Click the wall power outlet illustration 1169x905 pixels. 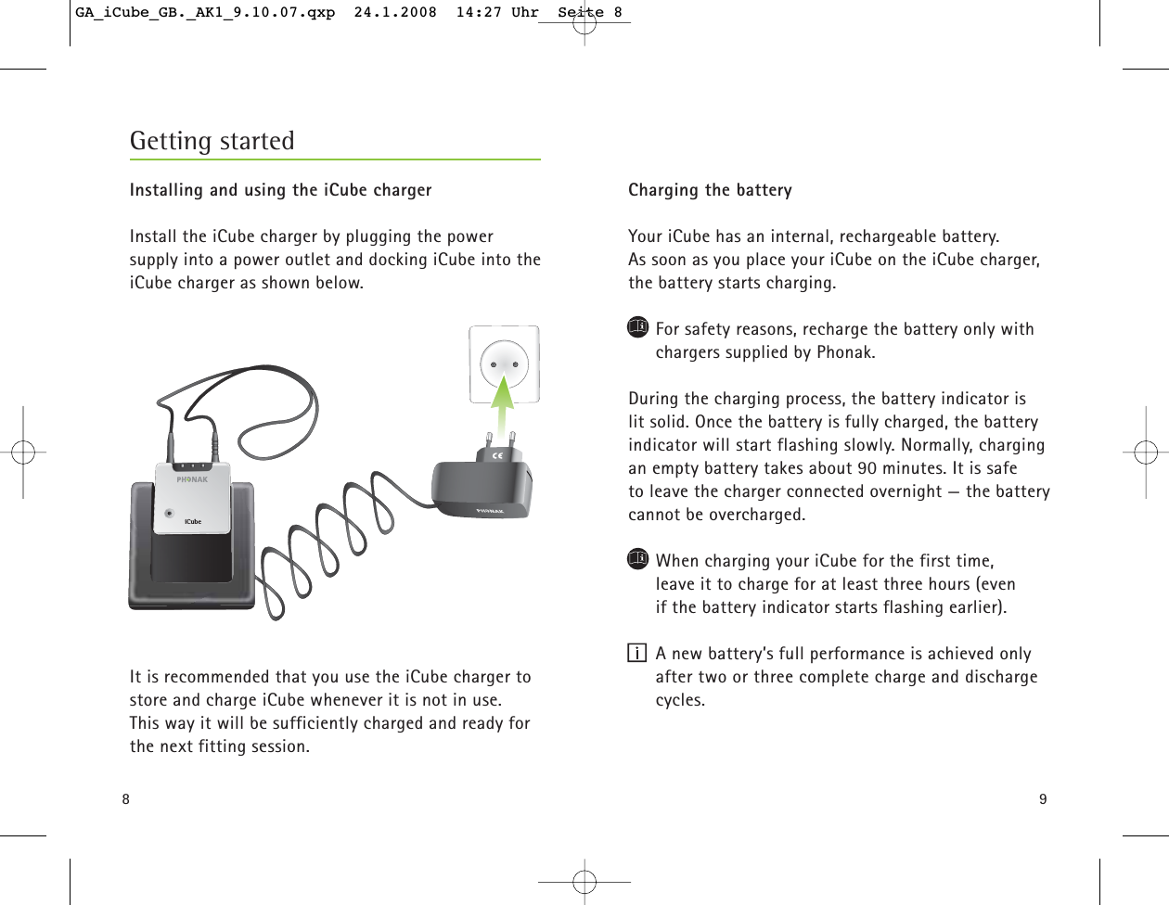point(504,364)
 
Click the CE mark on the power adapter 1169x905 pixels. point(497,454)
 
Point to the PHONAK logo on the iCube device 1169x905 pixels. point(193,479)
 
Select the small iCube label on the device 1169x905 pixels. point(193,521)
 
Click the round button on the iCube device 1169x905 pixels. point(169,513)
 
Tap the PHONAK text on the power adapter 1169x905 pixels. point(490,511)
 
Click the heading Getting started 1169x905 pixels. point(212,141)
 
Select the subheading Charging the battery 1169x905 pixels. point(710,190)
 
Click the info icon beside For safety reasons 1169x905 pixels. point(637,327)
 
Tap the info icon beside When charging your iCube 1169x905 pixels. point(637,559)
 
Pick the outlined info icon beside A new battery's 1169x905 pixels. point(636,654)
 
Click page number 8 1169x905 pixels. point(126,799)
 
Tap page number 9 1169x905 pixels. point(1043,799)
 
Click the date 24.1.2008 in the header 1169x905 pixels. point(395,13)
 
